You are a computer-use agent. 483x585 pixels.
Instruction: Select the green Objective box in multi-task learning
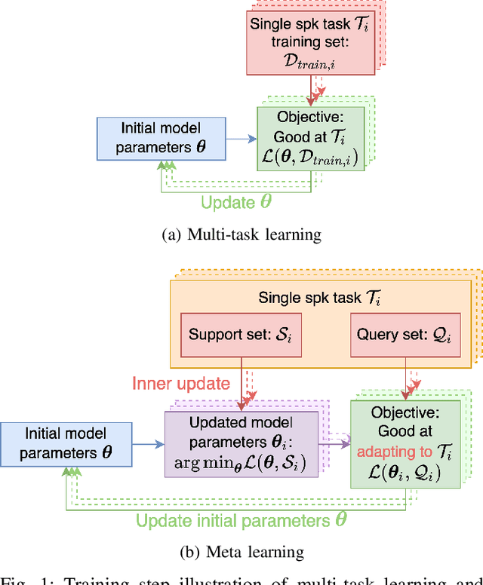(309, 138)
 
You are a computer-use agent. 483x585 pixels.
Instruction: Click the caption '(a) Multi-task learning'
(241, 234)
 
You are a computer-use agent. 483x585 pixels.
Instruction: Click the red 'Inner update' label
(181, 383)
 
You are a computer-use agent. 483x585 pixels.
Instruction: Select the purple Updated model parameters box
(241, 443)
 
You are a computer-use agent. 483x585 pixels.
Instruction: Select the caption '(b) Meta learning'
(241, 552)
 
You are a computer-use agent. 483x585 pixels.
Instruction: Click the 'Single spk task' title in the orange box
(317, 297)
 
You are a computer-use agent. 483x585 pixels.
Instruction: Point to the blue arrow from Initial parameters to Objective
(241, 138)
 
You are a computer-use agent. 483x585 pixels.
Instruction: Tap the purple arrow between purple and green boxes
(334, 444)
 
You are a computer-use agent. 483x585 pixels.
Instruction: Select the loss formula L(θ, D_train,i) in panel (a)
(309, 156)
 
